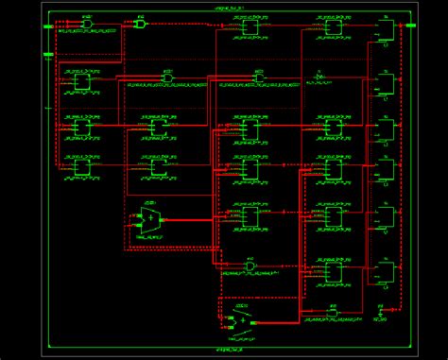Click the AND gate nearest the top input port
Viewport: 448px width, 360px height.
pyautogui.click(x=86, y=25)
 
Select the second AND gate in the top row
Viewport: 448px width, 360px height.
pyautogui.click(x=140, y=25)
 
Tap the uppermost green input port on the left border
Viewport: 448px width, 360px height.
pyautogui.click(x=48, y=27)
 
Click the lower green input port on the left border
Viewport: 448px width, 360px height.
pyautogui.click(x=48, y=55)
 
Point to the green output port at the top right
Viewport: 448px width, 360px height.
pyautogui.click(x=410, y=26)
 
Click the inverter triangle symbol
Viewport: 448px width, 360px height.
pyautogui.click(x=319, y=77)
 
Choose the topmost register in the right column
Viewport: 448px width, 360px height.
pyautogui.click(x=386, y=31)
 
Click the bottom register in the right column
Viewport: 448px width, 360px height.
pyautogui.click(x=386, y=273)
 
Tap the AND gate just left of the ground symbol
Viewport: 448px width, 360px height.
pyautogui.click(x=333, y=312)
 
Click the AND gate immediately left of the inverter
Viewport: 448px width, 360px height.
pyautogui.click(x=258, y=77)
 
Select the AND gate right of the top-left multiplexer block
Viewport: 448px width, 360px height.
pyautogui.click(x=167, y=77)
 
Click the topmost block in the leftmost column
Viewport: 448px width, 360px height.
pyautogui.click(x=82, y=82)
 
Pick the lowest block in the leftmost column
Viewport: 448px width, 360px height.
pyautogui.click(x=82, y=167)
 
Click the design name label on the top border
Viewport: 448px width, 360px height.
pyautogui.click(x=227, y=7)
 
